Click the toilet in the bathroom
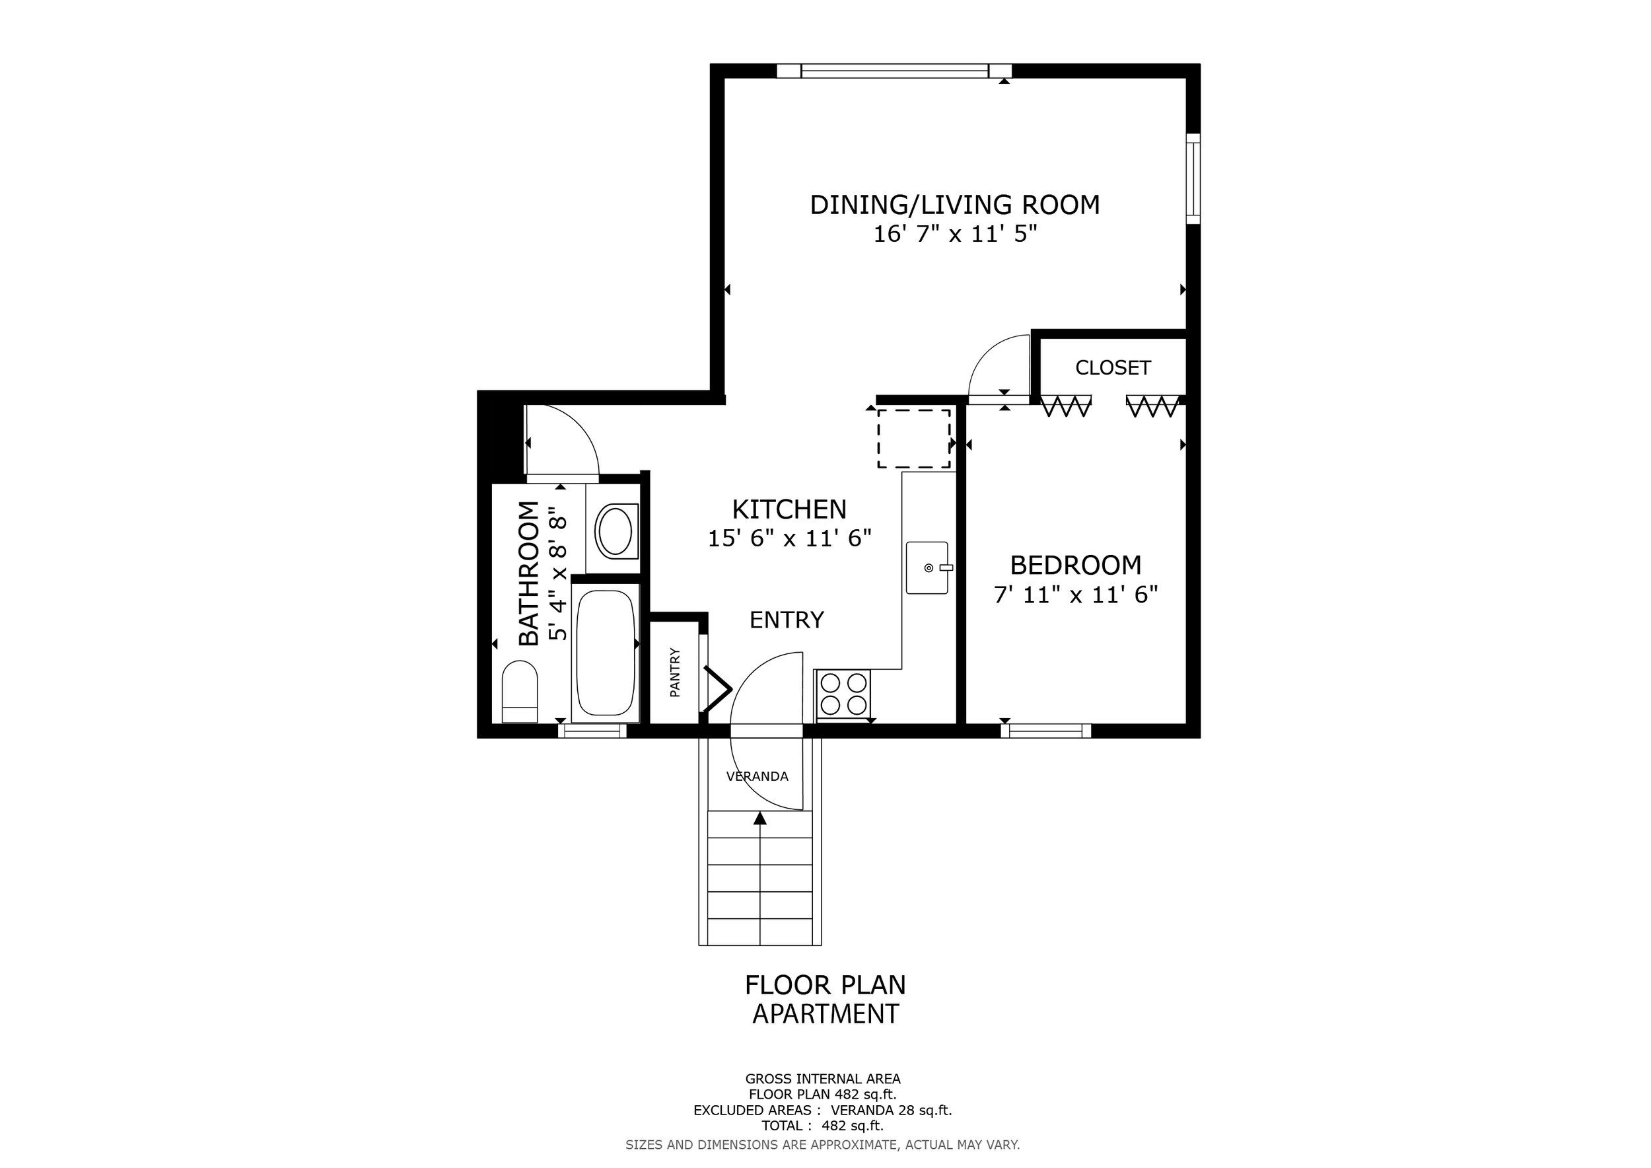(519, 691)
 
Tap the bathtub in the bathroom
(606, 652)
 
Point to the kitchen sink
(929, 567)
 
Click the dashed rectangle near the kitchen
(914, 439)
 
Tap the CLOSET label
(1112, 367)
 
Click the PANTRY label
(674, 673)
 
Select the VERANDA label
(757, 776)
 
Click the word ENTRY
(787, 620)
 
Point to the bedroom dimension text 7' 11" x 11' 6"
(1076, 595)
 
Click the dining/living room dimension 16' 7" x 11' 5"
(956, 234)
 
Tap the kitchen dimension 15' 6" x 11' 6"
(790, 538)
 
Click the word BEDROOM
(1076, 566)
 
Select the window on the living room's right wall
(1193, 179)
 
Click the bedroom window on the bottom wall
(1045, 731)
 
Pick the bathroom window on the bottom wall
(592, 731)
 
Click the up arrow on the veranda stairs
(760, 818)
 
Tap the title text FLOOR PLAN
(825, 984)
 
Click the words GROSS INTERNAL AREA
(823, 1079)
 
